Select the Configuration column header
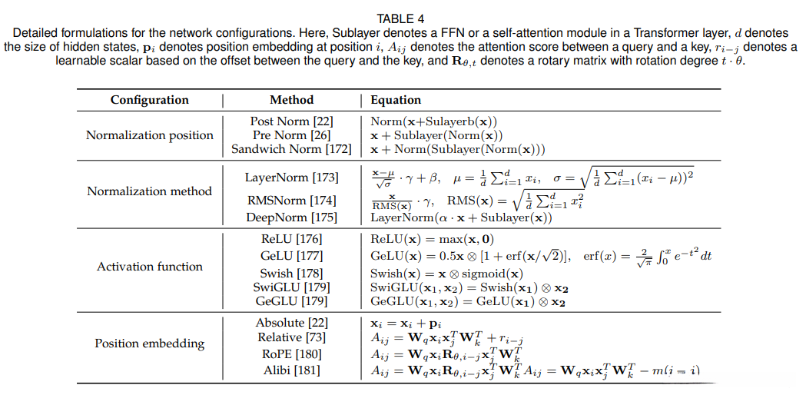149,100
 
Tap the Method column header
291,100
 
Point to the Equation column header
396,100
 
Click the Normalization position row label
149,135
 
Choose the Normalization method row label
149,191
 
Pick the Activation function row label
149,267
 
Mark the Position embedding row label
149,343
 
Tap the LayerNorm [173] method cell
291,178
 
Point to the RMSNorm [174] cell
291,201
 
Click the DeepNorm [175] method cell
291,217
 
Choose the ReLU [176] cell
291,239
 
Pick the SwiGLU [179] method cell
291,287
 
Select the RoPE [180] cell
291,354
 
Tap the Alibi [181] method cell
291,370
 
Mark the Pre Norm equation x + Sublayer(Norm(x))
438,135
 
